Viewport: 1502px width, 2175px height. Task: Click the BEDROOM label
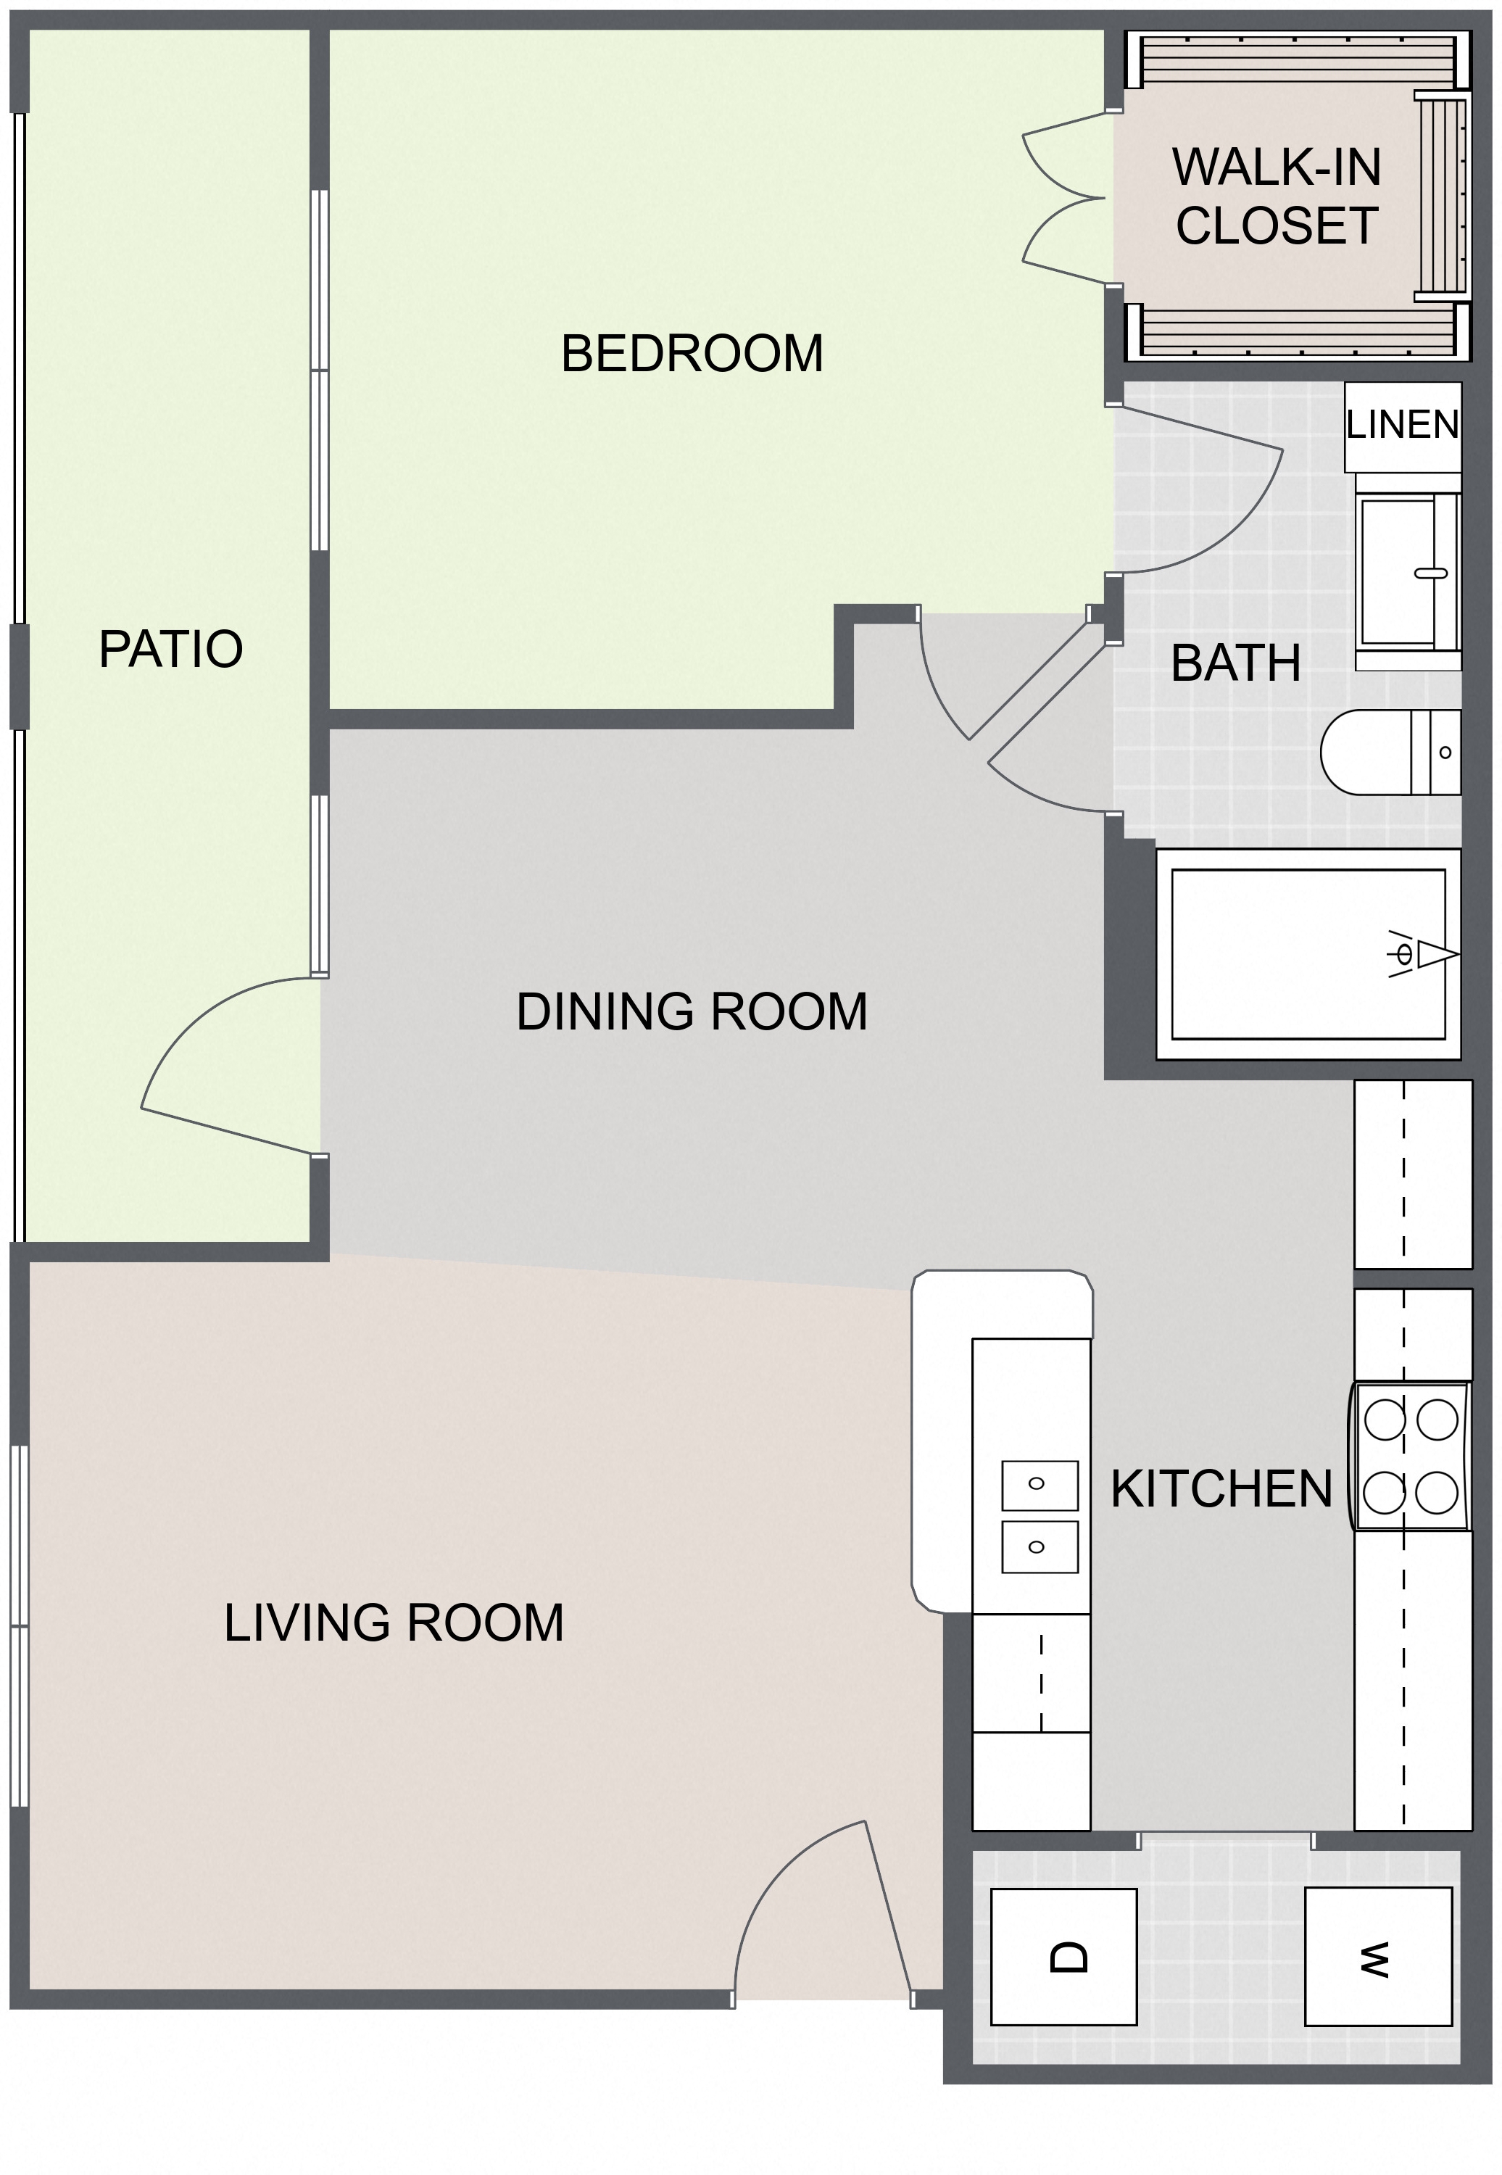click(x=692, y=354)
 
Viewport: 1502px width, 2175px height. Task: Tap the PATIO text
click(x=170, y=650)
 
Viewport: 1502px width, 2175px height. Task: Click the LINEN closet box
click(x=1402, y=426)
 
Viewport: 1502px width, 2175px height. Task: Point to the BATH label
click(x=1236, y=663)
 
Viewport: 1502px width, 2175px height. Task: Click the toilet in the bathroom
click(x=1391, y=752)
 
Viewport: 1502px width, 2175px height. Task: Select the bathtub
click(x=1308, y=954)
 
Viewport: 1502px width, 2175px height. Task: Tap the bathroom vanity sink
click(x=1408, y=572)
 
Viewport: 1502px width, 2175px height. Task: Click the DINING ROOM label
click(x=692, y=1011)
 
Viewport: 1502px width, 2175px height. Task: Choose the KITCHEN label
click(x=1221, y=1489)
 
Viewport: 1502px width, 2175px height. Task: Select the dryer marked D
click(x=1063, y=1957)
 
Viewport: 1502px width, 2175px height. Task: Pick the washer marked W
click(x=1378, y=1957)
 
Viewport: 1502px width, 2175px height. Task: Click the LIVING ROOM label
click(x=394, y=1623)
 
